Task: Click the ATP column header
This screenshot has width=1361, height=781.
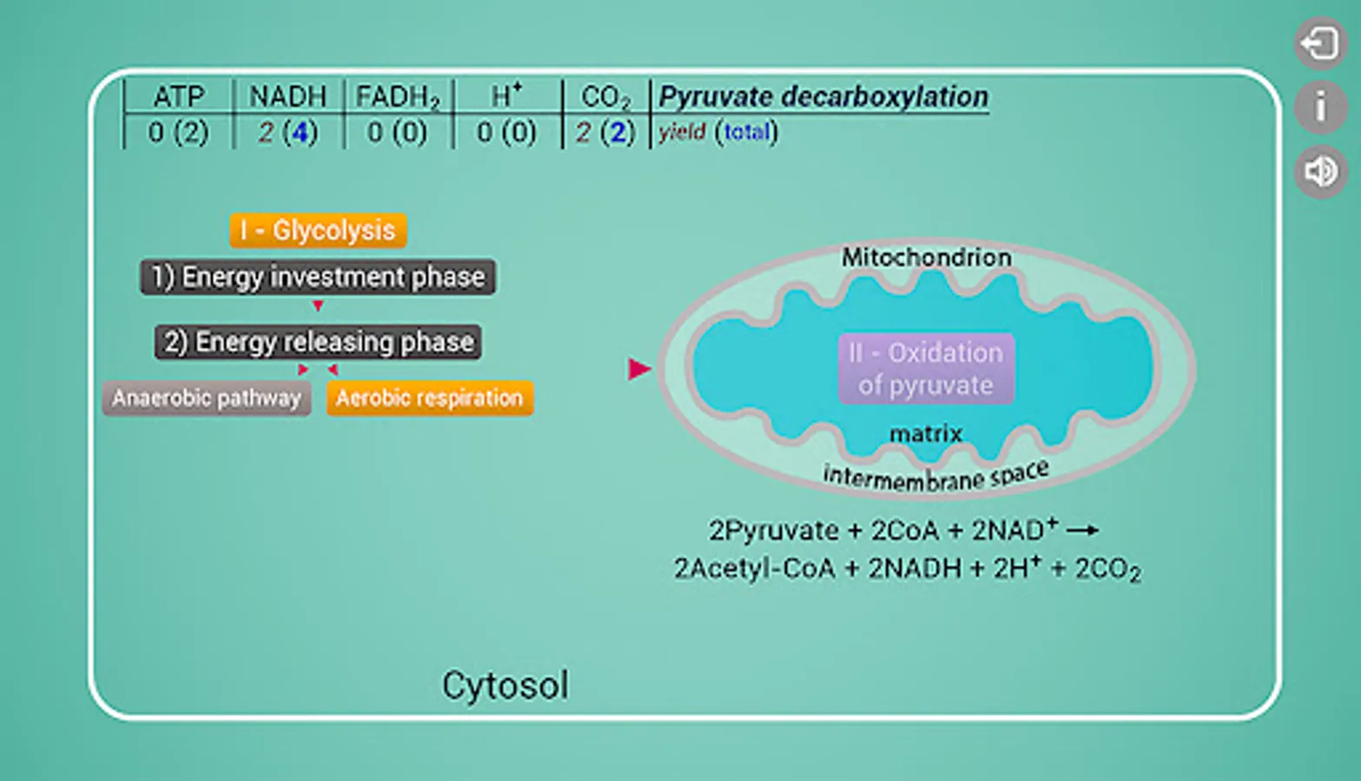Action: [179, 96]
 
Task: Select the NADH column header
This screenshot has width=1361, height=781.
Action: [287, 96]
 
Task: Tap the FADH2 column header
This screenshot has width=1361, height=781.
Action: [398, 97]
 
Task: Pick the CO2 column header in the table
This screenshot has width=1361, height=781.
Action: [605, 97]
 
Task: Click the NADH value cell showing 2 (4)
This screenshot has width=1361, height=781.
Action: [288, 132]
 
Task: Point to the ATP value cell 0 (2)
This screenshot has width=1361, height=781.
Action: [178, 132]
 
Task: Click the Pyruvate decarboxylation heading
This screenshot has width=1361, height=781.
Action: [823, 96]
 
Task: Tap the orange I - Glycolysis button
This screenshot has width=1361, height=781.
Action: [318, 230]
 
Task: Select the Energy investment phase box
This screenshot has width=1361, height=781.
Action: [318, 277]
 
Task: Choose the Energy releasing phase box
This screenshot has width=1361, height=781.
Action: [318, 342]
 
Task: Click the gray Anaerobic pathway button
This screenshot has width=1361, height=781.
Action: [207, 398]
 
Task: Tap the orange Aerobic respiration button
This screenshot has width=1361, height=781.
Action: [429, 398]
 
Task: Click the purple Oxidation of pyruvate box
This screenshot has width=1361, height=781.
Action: [926, 369]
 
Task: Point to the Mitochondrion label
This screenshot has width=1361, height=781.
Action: [926, 257]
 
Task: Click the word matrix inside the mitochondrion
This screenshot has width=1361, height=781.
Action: [926, 433]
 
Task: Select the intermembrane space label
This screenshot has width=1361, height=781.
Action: [935, 476]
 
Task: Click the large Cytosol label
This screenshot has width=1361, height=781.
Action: [505, 686]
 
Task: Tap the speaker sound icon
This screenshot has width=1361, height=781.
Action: [1320, 172]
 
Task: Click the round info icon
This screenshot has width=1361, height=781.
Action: [1320, 108]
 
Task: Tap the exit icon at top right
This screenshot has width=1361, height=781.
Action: [1320, 43]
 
